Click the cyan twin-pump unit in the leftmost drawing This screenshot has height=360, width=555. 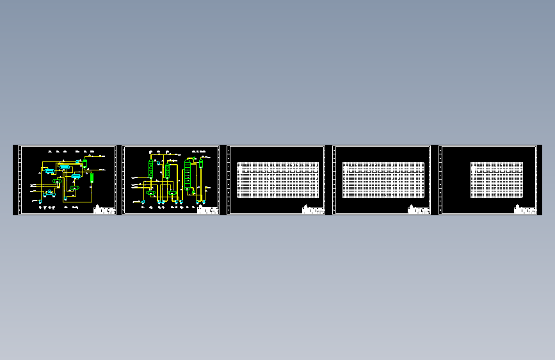tap(49, 193)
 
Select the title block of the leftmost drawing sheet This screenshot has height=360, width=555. tap(104, 209)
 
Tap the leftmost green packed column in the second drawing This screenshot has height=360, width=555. tap(151, 168)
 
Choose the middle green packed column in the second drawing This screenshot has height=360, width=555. tap(167, 170)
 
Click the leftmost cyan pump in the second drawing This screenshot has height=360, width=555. tap(143, 202)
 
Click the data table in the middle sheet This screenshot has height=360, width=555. tap(277, 179)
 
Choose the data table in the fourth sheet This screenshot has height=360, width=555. tap(383, 179)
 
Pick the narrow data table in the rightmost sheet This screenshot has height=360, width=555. tap(497, 179)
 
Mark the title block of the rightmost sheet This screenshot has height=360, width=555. tap(525, 209)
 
